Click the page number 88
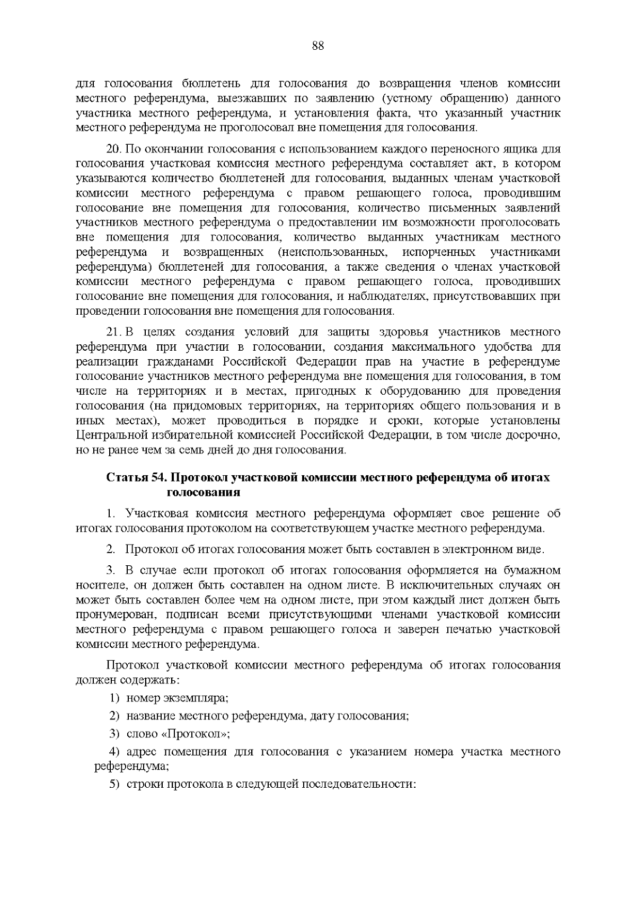tap(318, 46)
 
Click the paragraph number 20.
tap(113, 149)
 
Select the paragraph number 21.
tap(113, 332)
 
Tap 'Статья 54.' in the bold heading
tap(137, 477)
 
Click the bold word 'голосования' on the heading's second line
tap(204, 492)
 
